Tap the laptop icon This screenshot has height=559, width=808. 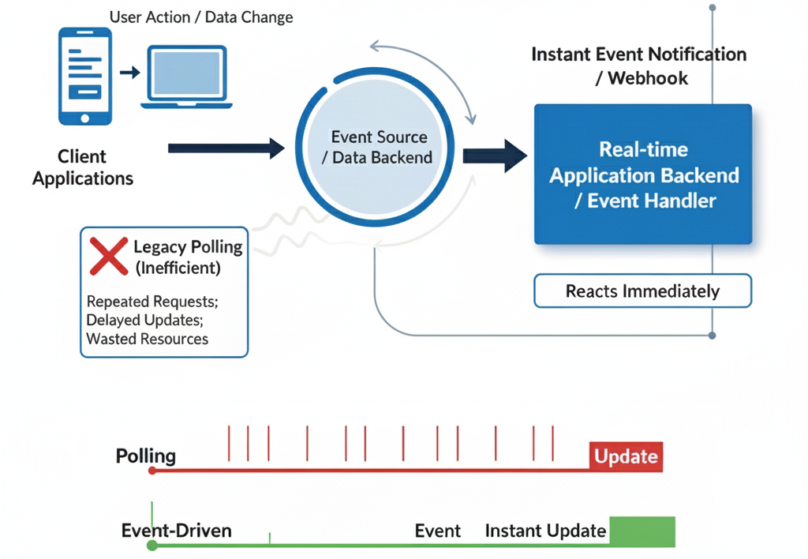(x=186, y=77)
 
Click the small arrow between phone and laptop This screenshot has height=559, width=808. (x=130, y=73)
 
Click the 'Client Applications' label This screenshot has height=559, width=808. (x=82, y=167)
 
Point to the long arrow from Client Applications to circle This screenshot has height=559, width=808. (x=226, y=148)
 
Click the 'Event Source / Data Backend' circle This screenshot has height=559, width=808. (x=379, y=148)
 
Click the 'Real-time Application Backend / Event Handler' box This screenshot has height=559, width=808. (x=643, y=174)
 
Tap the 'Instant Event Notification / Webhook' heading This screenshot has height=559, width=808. (x=638, y=66)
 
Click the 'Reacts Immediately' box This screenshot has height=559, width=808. (x=642, y=291)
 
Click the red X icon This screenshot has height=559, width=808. (x=109, y=256)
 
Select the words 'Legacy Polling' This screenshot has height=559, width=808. (x=188, y=247)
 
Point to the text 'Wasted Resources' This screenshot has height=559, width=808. (x=147, y=339)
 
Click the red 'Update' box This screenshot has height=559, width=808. (x=626, y=456)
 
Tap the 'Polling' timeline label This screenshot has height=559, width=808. (x=146, y=456)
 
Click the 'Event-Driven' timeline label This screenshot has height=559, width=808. (x=177, y=530)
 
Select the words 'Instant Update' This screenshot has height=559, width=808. (x=545, y=531)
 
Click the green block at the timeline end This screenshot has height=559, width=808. (x=642, y=531)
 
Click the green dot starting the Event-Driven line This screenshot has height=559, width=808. (x=152, y=545)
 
